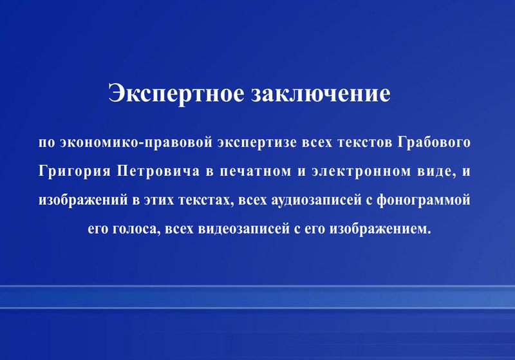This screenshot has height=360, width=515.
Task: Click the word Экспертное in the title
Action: coord(176,94)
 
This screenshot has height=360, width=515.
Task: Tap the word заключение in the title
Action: coord(321,93)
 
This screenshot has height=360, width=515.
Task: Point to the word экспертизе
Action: coord(257,143)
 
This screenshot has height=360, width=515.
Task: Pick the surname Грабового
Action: coord(433,143)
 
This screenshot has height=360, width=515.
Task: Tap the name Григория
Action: coord(75,171)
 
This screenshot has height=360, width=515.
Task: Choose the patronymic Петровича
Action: coord(158,171)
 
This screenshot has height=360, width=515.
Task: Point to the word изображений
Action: coord(83,200)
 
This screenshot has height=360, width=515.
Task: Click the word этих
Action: coord(158,200)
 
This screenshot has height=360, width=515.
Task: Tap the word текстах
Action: coord(203,200)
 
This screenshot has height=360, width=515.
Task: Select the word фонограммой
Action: coord(424,200)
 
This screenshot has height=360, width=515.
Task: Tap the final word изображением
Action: coord(380,229)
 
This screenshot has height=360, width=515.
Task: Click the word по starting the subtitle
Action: coord(47,143)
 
